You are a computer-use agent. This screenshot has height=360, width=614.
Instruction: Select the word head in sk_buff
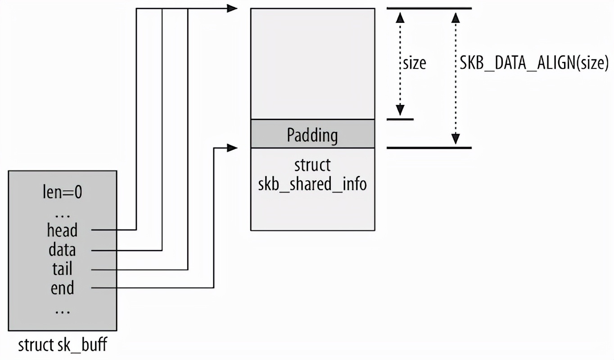click(62, 230)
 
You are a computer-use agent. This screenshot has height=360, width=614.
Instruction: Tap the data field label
click(62, 250)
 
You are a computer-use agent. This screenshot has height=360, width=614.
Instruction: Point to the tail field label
click(62, 269)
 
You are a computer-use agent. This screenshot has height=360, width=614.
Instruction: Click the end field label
click(62, 288)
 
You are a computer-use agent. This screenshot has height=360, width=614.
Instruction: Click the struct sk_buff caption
click(63, 346)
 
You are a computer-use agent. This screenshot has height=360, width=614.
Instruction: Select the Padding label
click(312, 135)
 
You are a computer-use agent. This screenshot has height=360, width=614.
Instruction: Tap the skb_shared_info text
click(312, 184)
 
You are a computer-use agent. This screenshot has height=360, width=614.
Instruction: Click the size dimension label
click(414, 63)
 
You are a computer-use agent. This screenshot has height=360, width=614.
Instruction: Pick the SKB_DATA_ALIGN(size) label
click(534, 63)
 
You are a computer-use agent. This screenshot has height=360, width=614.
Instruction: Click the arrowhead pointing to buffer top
click(232, 8)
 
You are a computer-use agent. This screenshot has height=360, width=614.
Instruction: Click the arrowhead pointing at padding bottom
click(232, 148)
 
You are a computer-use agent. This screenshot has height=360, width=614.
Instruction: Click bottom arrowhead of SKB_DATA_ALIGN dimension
click(456, 139)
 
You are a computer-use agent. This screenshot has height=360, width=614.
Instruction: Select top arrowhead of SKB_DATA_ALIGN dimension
click(456, 17)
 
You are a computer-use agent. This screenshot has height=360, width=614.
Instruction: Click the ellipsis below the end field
click(62, 310)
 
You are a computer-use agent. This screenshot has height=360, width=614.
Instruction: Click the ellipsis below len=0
click(62, 215)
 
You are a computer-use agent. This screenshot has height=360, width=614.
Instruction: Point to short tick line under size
click(400, 119)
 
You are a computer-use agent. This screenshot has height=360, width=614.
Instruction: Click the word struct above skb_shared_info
click(312, 165)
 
